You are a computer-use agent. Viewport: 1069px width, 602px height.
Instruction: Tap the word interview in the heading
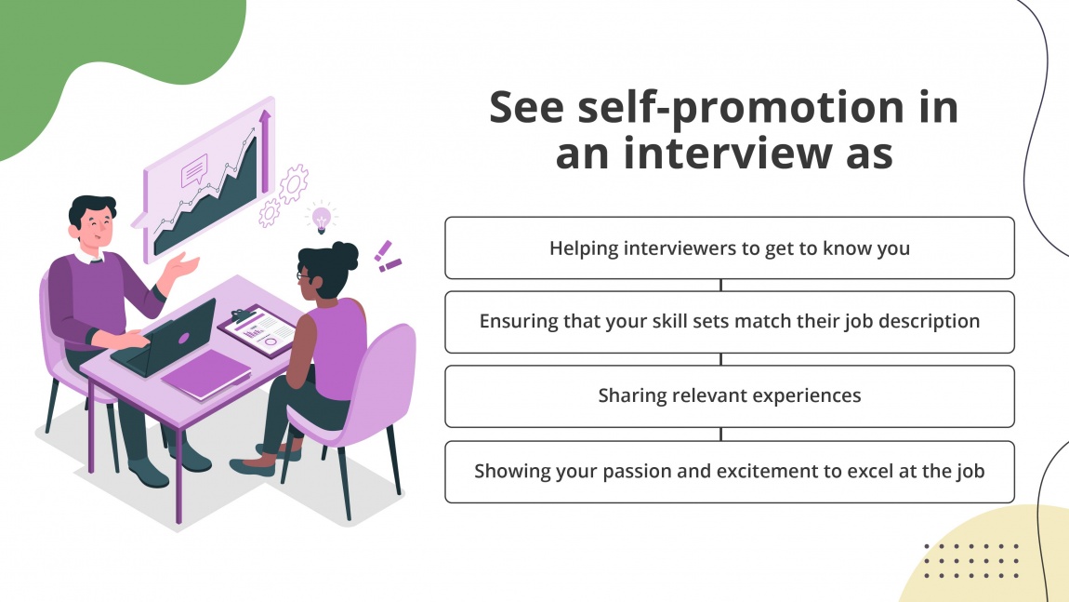pyautogui.click(x=710, y=152)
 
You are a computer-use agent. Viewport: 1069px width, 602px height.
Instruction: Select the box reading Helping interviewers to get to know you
pyautogui.click(x=729, y=248)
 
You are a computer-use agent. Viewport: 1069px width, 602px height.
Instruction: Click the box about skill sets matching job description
pyautogui.click(x=729, y=322)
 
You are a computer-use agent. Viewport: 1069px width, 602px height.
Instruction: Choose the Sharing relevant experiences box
pyautogui.click(x=729, y=396)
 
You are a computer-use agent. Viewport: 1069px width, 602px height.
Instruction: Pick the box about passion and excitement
pyautogui.click(x=729, y=472)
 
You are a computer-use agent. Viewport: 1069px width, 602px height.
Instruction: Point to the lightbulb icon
pyautogui.click(x=321, y=218)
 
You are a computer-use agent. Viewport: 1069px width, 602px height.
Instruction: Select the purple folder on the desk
pyautogui.click(x=207, y=374)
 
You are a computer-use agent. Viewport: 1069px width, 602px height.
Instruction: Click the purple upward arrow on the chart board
pyautogui.click(x=265, y=149)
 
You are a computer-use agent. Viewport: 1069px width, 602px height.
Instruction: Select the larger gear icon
pyautogui.click(x=293, y=183)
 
